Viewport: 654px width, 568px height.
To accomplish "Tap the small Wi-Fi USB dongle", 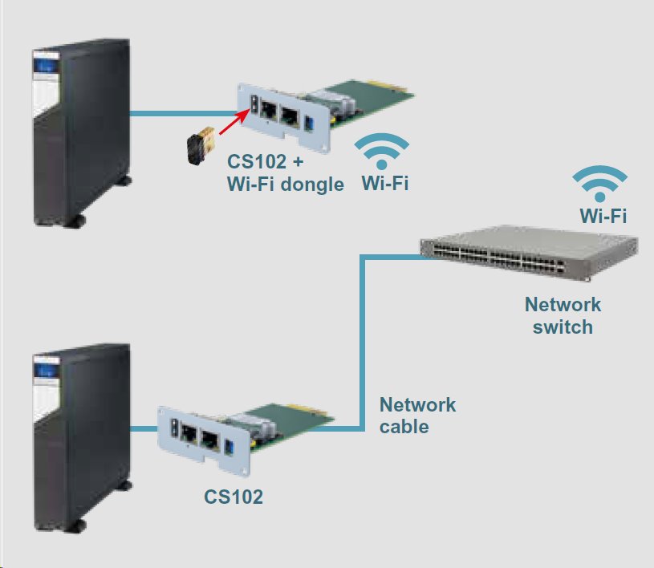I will tap(198, 145).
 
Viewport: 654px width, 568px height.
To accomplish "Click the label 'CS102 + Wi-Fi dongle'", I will tap(285, 173).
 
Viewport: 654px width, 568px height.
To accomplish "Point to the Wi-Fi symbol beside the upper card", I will tap(383, 151).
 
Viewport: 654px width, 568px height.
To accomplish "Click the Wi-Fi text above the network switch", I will tap(603, 215).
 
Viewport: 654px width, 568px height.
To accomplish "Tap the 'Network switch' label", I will tap(563, 315).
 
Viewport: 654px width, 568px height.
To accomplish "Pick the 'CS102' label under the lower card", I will tap(233, 497).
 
